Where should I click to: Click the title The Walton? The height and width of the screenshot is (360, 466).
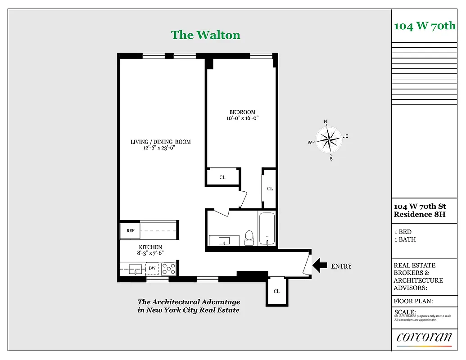pos(205,35)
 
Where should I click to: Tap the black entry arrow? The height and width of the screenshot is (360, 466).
pos(320,265)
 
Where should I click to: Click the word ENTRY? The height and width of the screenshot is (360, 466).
pos(341,266)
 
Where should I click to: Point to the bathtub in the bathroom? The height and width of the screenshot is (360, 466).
pos(267,229)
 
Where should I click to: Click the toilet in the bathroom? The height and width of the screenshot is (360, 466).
pos(249,238)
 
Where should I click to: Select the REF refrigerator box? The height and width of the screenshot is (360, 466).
pos(131,230)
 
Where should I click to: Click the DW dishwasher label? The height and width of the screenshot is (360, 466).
pos(152,269)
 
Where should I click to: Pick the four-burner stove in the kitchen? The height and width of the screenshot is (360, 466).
pos(168,269)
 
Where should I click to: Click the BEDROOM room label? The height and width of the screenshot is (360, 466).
pos(242,112)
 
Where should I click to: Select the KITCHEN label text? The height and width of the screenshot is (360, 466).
pos(150,247)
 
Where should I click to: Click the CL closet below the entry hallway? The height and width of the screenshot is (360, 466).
pos(276,291)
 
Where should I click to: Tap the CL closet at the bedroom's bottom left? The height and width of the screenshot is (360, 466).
pos(222,177)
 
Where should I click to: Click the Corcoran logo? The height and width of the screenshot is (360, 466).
pos(424,337)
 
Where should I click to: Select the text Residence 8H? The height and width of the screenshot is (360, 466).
pos(419,215)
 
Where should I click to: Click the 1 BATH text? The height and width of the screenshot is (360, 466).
pos(405,239)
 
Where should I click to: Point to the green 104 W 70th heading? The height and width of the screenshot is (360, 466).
pos(425,26)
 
